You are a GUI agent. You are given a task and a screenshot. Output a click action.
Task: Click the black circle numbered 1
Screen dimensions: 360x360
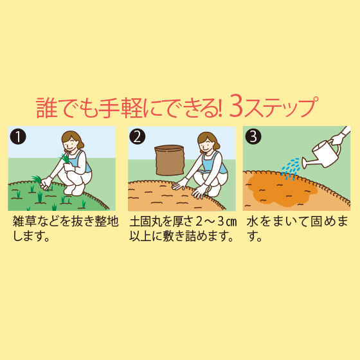click(x=18, y=136)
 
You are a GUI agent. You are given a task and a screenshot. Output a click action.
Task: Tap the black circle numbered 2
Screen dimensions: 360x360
click(x=138, y=136)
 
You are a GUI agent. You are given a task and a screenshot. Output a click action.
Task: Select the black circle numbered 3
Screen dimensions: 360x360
click(x=253, y=136)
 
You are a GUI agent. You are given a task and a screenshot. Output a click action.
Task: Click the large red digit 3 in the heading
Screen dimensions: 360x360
click(x=236, y=107)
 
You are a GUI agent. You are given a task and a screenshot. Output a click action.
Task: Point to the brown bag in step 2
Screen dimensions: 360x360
click(x=170, y=160)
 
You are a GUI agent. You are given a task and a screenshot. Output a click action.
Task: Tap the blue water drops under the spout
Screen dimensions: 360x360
click(x=291, y=168)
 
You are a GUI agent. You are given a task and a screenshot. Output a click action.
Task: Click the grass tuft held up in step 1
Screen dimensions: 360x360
click(x=65, y=158)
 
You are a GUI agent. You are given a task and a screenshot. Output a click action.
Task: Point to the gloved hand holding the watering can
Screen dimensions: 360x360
click(x=337, y=139)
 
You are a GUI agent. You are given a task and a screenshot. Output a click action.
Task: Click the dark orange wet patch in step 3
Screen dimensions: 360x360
click(x=282, y=190)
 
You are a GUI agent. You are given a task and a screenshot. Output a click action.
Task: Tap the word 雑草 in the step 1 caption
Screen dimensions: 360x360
click(x=24, y=222)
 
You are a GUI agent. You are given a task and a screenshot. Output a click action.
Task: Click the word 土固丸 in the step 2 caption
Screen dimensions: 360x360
click(x=147, y=222)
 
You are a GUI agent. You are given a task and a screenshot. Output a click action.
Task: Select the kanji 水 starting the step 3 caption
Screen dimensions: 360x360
click(x=252, y=222)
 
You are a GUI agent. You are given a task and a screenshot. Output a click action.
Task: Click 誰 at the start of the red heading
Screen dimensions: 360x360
click(x=46, y=108)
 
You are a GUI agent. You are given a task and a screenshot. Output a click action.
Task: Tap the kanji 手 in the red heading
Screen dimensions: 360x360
click(x=109, y=108)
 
